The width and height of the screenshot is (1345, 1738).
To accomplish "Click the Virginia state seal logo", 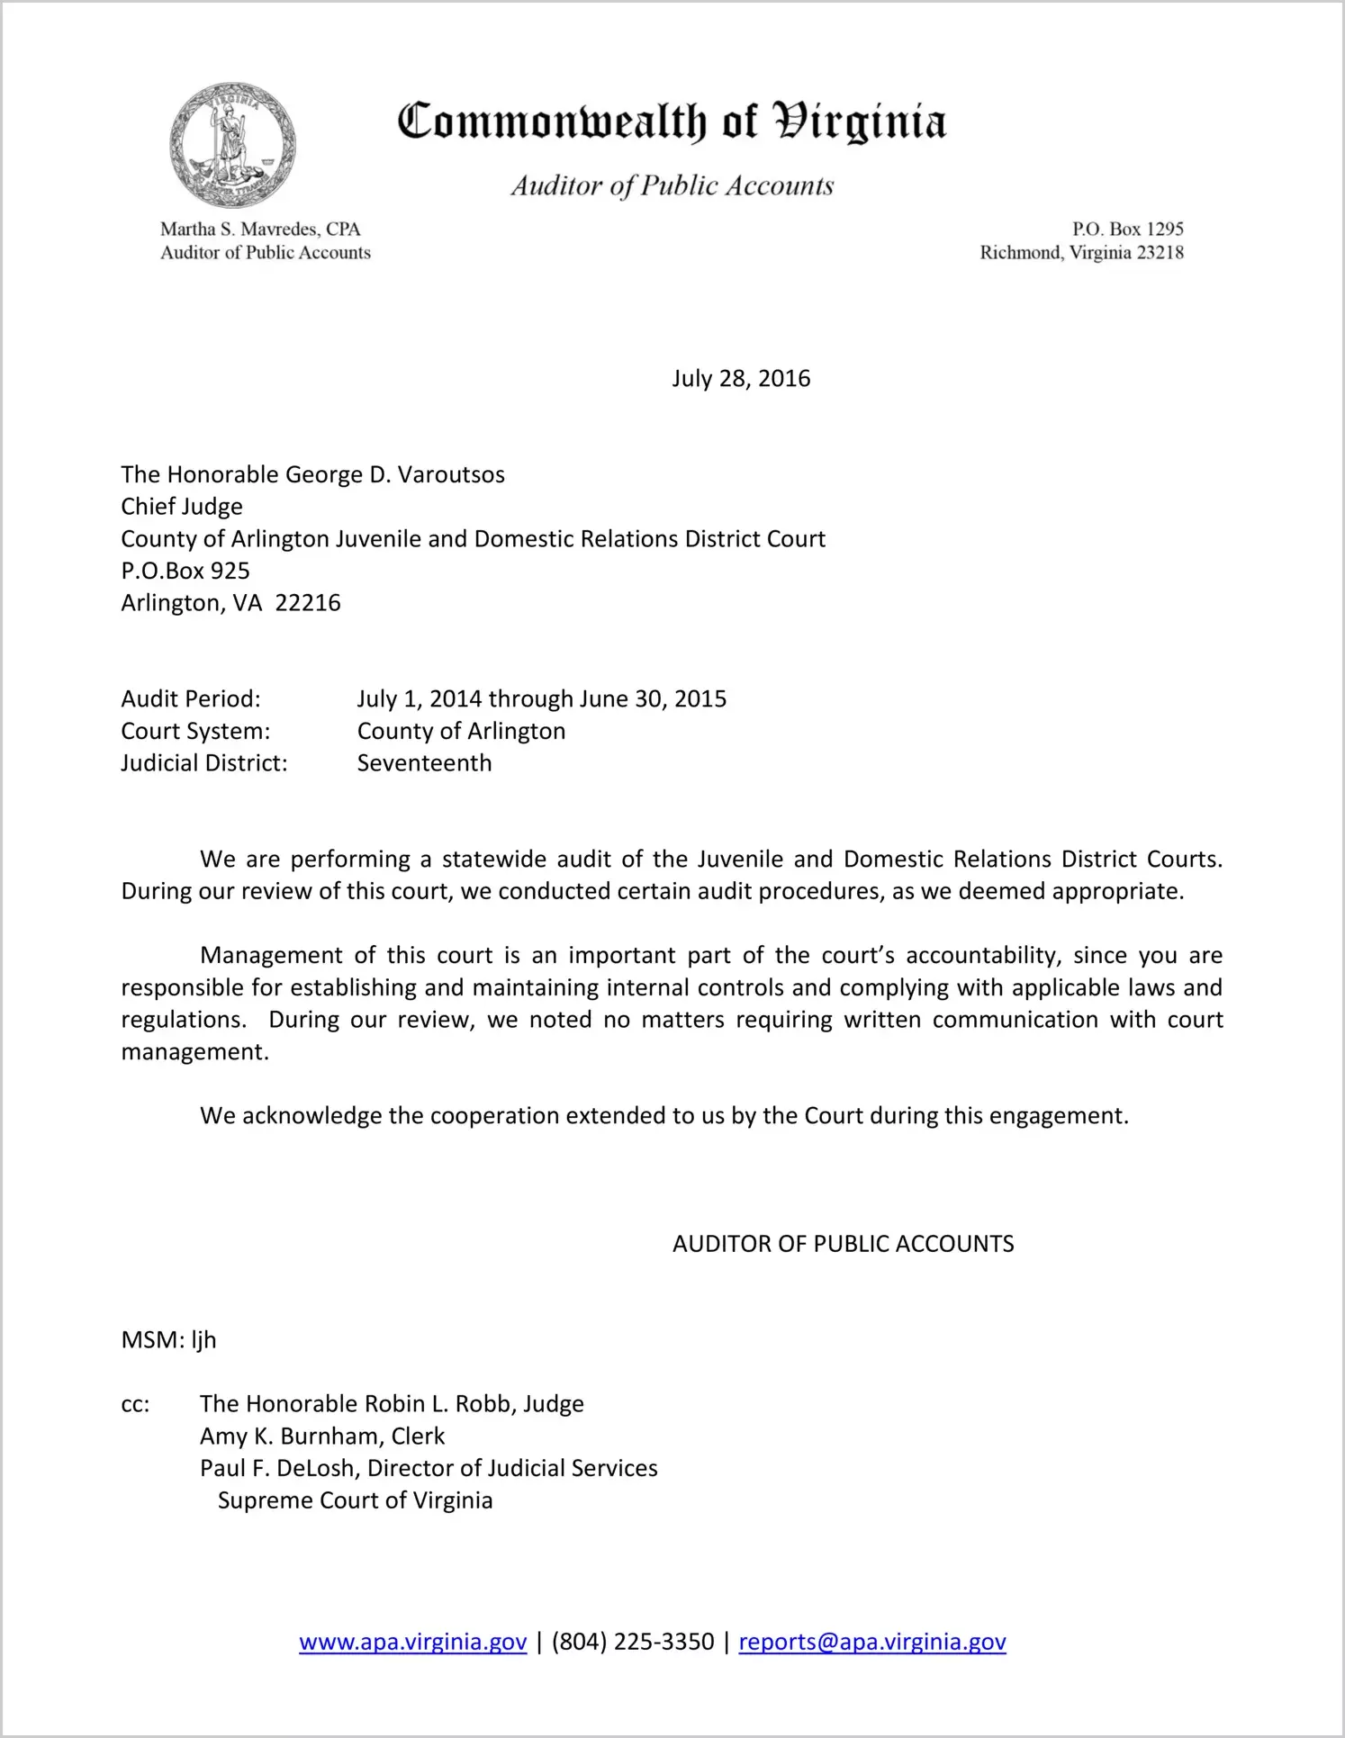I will (x=232, y=145).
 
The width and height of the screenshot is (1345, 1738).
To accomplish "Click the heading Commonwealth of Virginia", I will (x=672, y=122).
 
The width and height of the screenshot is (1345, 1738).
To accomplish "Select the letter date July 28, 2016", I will (x=741, y=378).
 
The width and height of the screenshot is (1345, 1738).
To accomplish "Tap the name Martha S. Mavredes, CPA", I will (x=260, y=230).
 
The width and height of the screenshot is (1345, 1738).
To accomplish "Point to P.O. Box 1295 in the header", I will (x=1127, y=230).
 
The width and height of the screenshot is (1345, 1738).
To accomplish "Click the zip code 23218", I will (x=1160, y=253).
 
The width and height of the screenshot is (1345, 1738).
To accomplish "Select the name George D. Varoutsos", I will (x=395, y=474).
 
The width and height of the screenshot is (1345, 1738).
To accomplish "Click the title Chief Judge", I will (x=182, y=507).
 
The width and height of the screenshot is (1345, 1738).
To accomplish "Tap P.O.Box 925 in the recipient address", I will (x=185, y=571).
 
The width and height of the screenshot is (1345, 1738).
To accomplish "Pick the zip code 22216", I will (x=308, y=603).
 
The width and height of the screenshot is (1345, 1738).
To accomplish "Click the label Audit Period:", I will (x=191, y=699).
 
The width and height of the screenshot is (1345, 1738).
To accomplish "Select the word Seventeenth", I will (x=424, y=763).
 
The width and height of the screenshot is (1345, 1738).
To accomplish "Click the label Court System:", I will (x=195, y=731).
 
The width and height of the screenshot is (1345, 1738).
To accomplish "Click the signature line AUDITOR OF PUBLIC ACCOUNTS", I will (x=843, y=1244).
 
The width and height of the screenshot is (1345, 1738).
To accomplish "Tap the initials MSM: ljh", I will (x=168, y=1340).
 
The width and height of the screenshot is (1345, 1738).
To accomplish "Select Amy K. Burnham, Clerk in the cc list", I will (x=322, y=1436).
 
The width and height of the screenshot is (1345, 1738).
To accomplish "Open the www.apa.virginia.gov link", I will (x=412, y=1642).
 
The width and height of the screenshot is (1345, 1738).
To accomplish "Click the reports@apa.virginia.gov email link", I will (x=871, y=1642).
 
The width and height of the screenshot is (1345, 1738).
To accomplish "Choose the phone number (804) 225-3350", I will (x=633, y=1642).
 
